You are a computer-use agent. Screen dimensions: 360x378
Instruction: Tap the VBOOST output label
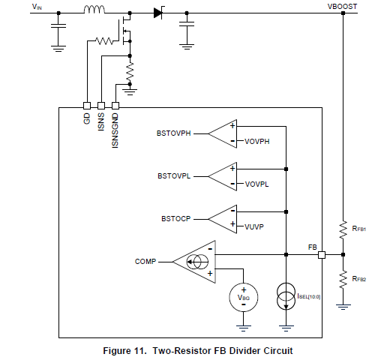pos(342,6)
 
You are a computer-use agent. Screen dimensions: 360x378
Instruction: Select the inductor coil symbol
pos(94,10)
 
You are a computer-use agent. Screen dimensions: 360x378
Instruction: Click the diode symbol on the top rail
pos(158,13)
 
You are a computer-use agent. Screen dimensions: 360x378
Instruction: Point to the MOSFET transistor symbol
pos(124,35)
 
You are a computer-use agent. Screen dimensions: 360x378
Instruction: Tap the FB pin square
pos(321,255)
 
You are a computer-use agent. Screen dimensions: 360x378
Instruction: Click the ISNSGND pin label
pos(115,126)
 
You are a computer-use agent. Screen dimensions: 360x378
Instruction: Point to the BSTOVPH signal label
pos(174,133)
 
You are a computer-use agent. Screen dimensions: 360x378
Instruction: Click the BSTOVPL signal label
pos(174,175)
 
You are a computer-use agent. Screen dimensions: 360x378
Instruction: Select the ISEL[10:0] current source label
pos(309,296)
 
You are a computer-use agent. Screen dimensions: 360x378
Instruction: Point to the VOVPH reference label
pos(257,141)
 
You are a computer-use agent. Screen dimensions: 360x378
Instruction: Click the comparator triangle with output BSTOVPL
pos(222,175)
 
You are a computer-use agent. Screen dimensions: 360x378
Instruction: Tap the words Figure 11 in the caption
pos(126,350)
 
